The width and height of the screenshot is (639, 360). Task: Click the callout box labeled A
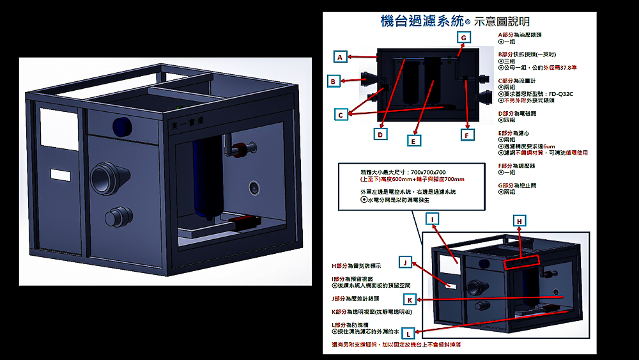[x=341, y=57]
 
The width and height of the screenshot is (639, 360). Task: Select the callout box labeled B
[x=333, y=81]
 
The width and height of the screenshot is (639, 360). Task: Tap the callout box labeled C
[x=341, y=114]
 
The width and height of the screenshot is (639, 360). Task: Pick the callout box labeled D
[x=381, y=134]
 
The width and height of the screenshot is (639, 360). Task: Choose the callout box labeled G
[x=464, y=38]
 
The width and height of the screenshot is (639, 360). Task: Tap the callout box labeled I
[x=433, y=219]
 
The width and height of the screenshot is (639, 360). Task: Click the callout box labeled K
[x=410, y=299]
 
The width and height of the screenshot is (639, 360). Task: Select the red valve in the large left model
[x=242, y=150]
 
